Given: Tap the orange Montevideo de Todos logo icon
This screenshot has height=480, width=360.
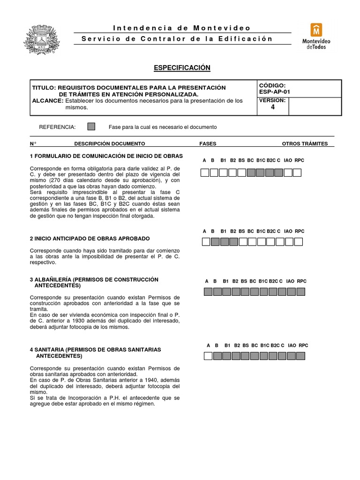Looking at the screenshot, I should coord(316,30).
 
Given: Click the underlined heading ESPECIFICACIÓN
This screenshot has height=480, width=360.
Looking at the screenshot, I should coord(182,68).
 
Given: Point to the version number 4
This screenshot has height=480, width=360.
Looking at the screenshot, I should coord(273,107).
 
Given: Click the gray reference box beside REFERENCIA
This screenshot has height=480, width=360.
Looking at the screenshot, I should coord(91,127).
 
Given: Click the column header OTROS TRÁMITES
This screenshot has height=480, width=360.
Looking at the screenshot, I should coord(305,143).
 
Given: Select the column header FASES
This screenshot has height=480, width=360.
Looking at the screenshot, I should coord(208,143).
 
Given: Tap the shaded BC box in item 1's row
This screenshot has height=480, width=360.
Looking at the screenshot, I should coord(251,172).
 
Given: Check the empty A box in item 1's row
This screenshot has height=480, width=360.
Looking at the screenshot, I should coord(205,172).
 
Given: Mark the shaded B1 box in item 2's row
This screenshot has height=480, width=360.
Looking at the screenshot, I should coord(224,242).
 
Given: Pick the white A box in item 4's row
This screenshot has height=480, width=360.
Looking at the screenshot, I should coord(208,356).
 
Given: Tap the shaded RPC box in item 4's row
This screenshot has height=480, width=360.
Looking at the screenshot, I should coord(303,356).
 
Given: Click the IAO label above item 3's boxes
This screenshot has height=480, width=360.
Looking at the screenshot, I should coord(291,281).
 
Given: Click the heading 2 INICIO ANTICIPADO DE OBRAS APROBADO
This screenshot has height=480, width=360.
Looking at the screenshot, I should coord(90,238).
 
